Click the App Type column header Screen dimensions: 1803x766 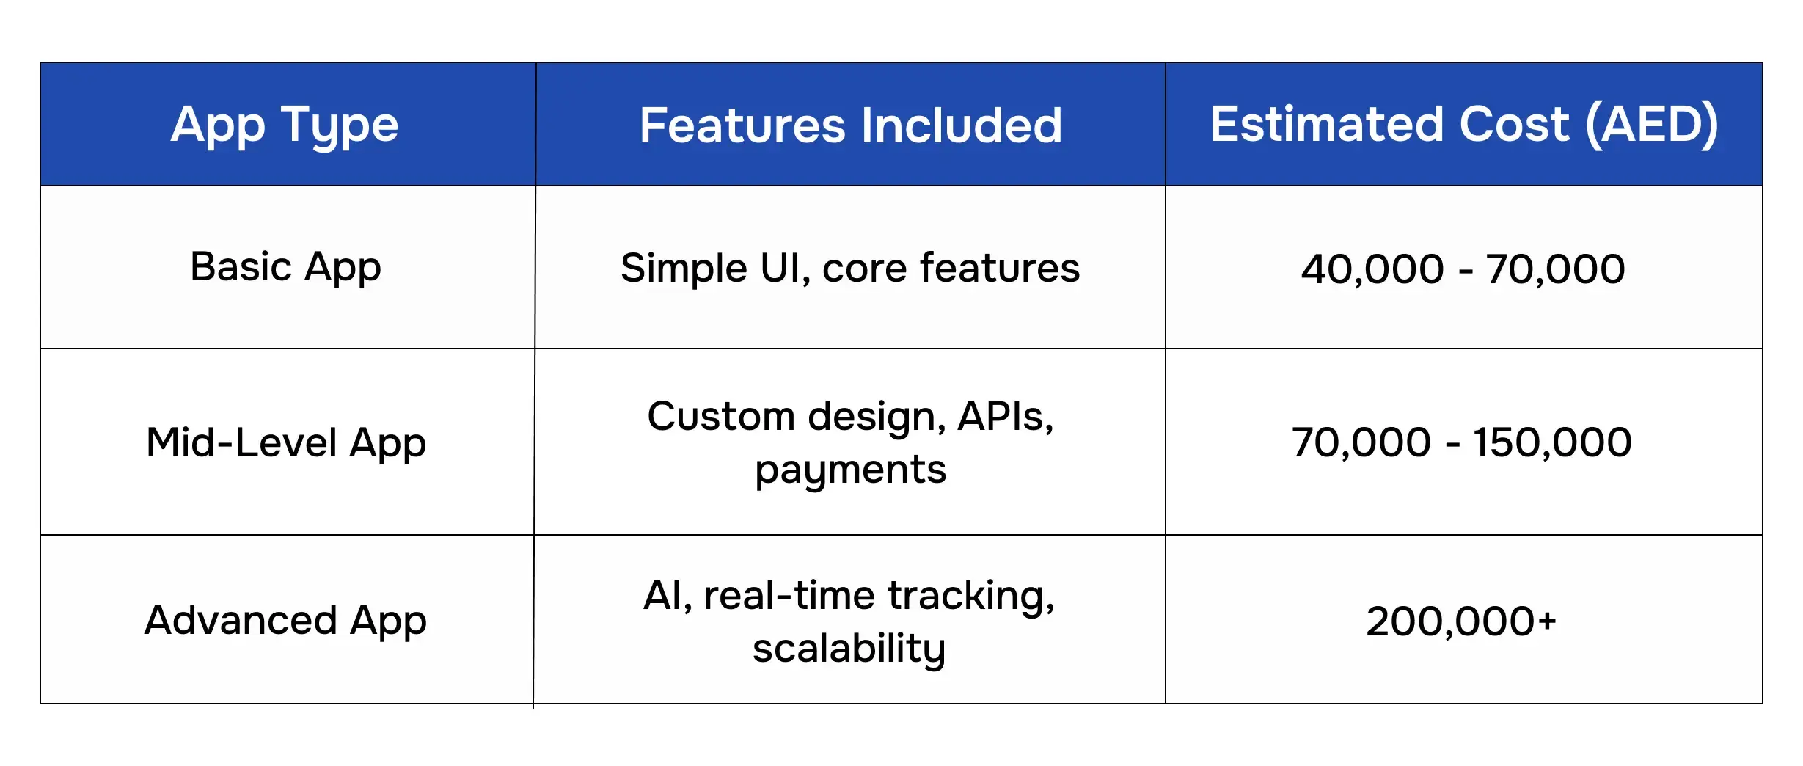pos(285,125)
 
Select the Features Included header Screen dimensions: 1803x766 pos(851,125)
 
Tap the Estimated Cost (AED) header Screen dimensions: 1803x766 pos(1464,125)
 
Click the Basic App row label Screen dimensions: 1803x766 pos(285,267)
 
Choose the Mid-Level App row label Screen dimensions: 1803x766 pos(286,443)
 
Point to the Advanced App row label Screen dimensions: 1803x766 pos(285,621)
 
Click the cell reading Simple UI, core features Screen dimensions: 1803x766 pos(850,268)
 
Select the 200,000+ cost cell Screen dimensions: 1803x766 pos(1461,621)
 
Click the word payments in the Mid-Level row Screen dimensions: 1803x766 pos(851,470)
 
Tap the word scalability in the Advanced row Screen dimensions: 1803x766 pos(849,649)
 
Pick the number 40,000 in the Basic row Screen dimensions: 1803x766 pos(1372,269)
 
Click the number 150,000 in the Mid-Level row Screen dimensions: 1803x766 pos(1553,443)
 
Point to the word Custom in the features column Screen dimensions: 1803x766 pos(722,416)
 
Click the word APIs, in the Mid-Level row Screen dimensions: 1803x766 pos(1006,417)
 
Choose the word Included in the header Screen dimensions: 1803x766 pos(962,125)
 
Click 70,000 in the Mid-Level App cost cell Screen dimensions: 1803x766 pos(1361,443)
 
